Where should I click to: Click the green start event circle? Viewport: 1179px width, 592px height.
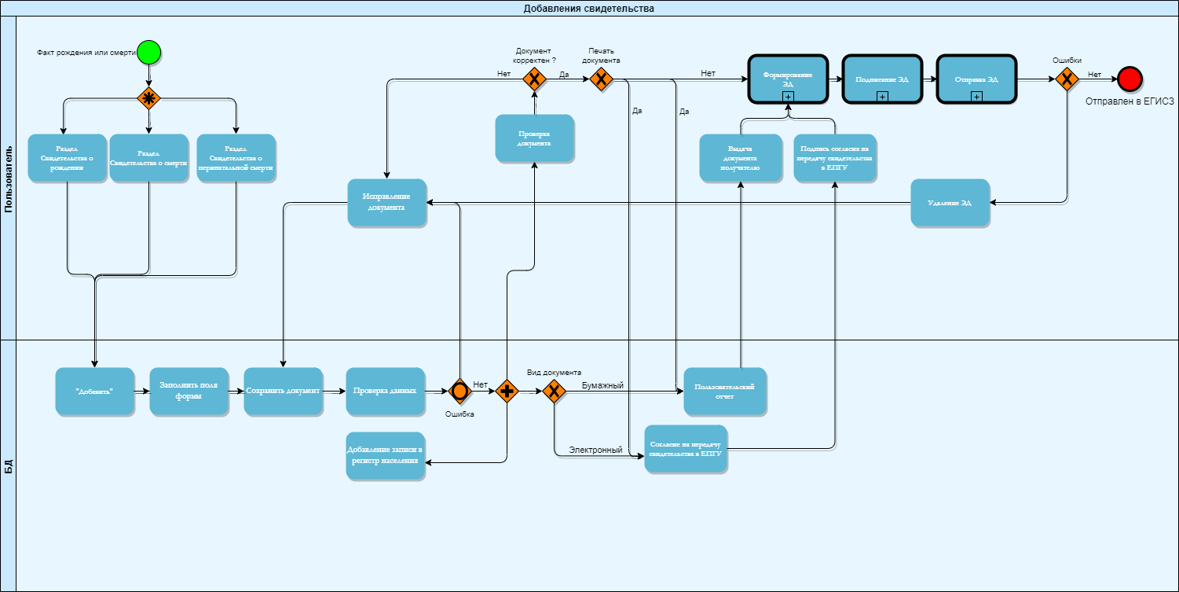(149, 53)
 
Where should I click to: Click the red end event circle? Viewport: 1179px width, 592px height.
(1130, 78)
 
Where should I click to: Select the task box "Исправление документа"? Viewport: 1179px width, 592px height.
(386, 203)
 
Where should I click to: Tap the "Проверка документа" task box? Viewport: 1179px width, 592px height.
(534, 138)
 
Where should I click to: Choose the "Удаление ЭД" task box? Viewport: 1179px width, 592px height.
(950, 203)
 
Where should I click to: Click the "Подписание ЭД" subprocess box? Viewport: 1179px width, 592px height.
(881, 79)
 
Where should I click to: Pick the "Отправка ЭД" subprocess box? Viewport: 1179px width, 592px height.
(976, 79)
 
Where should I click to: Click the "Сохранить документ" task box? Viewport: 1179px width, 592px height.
(283, 391)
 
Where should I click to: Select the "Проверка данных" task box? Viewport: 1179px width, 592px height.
(385, 391)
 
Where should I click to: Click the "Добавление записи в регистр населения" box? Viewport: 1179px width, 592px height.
(385, 455)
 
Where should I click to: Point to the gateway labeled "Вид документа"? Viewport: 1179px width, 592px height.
(554, 391)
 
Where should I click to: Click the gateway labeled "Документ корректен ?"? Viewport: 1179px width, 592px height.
(534, 79)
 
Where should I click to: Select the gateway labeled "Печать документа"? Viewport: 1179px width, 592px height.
(601, 79)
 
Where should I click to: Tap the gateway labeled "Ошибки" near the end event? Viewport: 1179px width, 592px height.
(1066, 79)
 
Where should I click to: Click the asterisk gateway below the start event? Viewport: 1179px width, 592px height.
(149, 98)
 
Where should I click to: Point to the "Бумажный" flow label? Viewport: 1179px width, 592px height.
(602, 385)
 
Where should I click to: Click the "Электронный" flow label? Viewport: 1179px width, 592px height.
(595, 450)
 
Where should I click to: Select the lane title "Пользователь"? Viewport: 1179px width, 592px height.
(8, 178)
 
